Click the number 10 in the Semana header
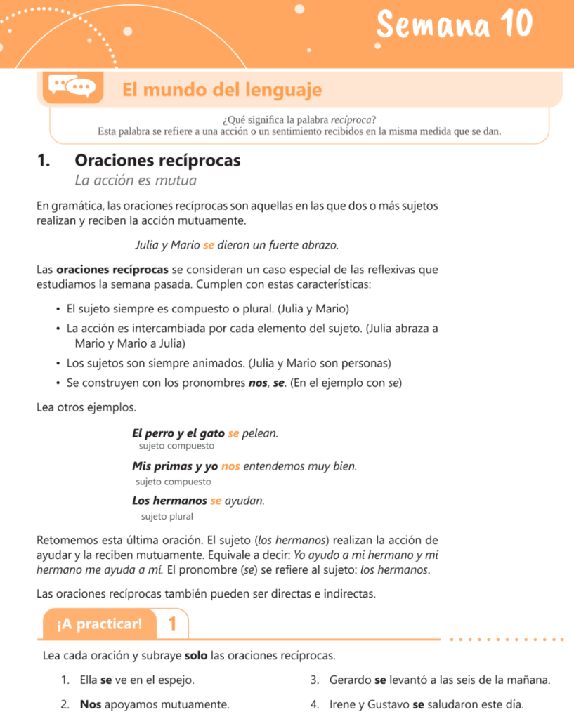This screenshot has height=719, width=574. tap(516, 25)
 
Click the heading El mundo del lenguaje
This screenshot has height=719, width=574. tap(222, 90)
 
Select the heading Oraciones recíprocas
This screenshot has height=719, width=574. tap(157, 161)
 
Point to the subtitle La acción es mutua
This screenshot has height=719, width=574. tap(136, 180)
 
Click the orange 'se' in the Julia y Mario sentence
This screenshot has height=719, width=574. tap(208, 246)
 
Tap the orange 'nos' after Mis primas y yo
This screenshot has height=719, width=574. tap(230, 466)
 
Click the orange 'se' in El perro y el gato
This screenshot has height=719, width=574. tap(234, 433)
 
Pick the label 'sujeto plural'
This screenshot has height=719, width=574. tap(167, 516)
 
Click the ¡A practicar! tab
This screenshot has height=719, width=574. tap(99, 623)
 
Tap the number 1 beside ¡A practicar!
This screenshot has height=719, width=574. tap(173, 624)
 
